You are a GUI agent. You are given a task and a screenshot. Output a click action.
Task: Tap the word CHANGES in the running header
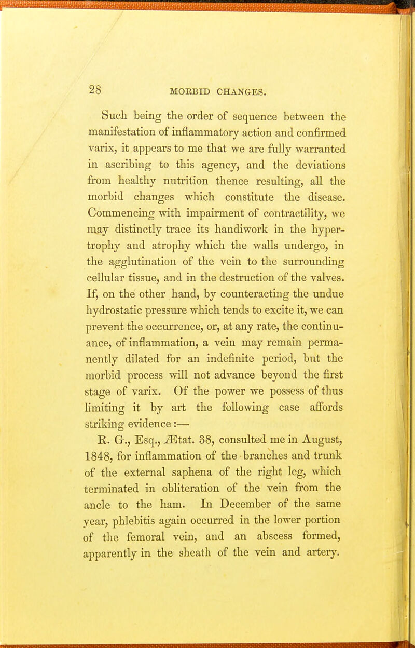tap(232, 92)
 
